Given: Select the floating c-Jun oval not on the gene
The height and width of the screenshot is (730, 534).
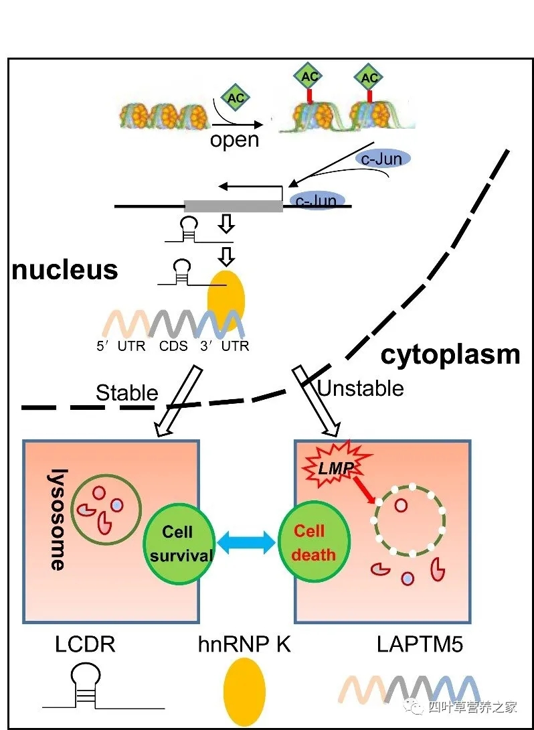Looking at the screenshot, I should (x=382, y=159).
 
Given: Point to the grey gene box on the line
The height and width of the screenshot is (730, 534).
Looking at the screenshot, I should (x=233, y=206).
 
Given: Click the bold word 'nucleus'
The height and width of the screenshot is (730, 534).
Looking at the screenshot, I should (x=65, y=270).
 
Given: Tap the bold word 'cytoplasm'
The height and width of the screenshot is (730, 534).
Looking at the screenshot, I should (x=450, y=354).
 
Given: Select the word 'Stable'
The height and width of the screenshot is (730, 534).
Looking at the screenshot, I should (x=127, y=392).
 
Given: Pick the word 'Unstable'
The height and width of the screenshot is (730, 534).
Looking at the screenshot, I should (x=360, y=388).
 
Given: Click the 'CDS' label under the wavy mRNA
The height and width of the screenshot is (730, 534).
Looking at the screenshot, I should (x=173, y=346).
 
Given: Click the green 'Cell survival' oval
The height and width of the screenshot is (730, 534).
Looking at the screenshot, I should (x=179, y=543).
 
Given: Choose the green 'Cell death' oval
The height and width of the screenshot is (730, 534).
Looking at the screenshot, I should (x=313, y=542).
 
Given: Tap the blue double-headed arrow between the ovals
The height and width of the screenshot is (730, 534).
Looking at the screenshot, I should (x=246, y=541).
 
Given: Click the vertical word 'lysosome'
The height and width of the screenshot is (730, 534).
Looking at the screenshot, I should (x=56, y=520).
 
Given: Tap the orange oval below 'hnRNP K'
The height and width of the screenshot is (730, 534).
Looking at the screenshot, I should (x=244, y=692).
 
